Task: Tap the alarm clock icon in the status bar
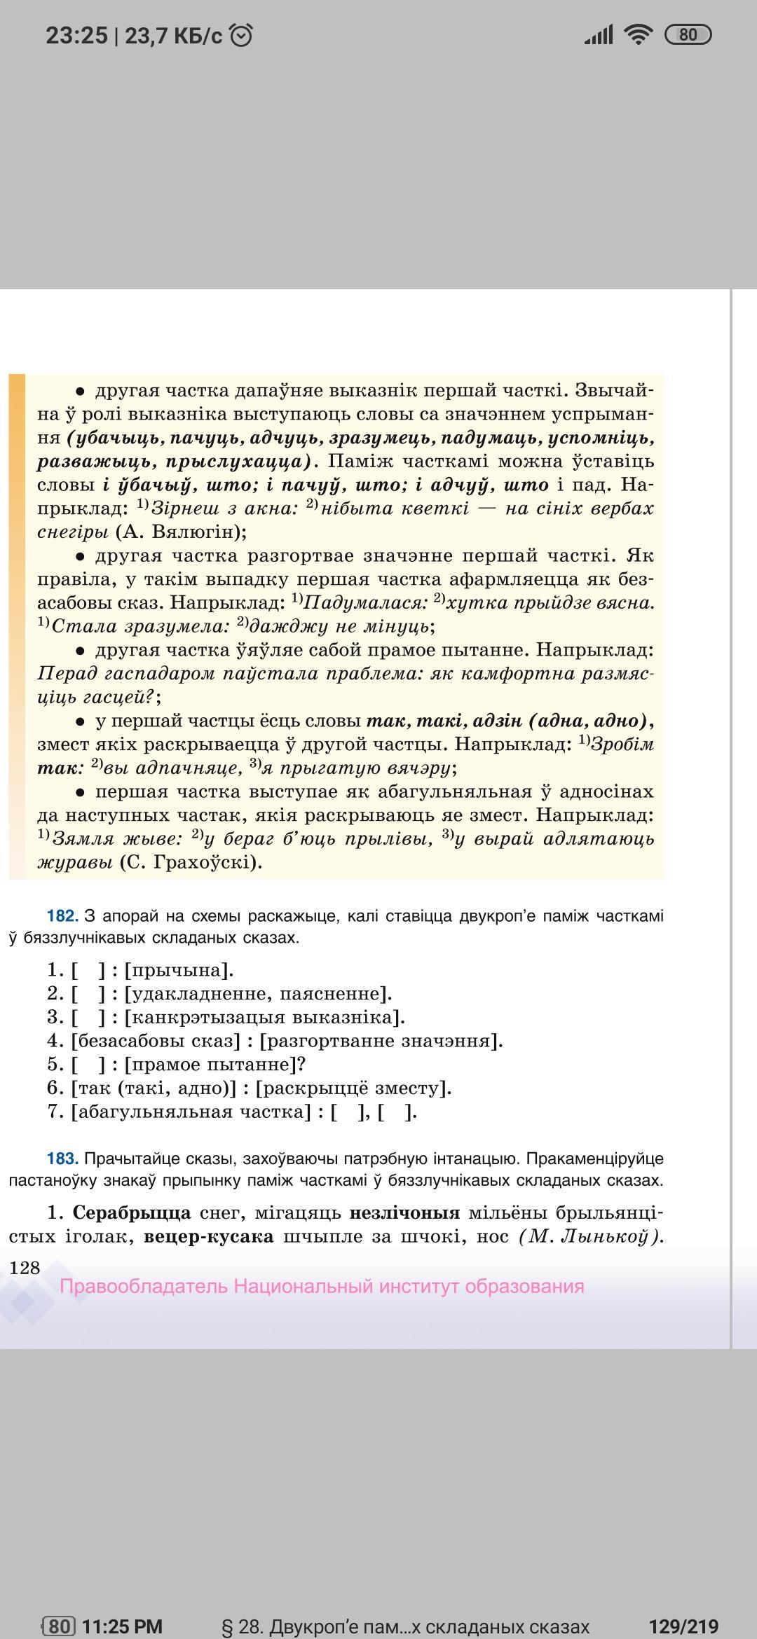click(241, 35)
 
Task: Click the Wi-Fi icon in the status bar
click(638, 34)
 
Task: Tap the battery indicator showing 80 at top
click(687, 34)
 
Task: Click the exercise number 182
click(62, 916)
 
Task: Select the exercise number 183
click(62, 1159)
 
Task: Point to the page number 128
click(25, 1268)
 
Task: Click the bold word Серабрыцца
click(131, 1212)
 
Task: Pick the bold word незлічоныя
click(404, 1212)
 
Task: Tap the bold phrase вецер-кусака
click(208, 1236)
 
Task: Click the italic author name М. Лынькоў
click(589, 1236)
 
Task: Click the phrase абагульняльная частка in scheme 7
click(190, 1112)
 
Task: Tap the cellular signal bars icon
click(598, 34)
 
